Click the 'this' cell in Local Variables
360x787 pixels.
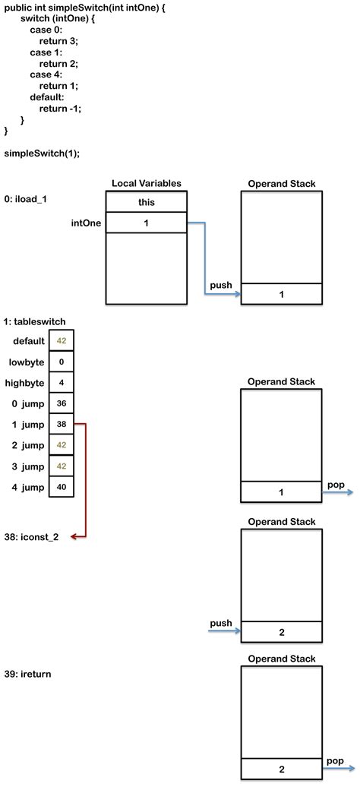(146, 202)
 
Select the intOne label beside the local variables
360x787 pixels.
(85, 223)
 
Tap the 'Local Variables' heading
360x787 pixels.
(146, 184)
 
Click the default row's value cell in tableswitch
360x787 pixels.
(62, 341)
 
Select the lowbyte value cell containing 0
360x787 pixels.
(62, 362)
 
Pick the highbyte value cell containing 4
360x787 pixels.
(62, 383)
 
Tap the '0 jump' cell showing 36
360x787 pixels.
(62, 403)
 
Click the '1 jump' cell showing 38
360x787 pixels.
(62, 424)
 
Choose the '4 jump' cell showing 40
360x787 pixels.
(62, 486)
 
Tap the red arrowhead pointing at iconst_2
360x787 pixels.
(74, 537)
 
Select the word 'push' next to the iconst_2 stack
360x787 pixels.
(220, 623)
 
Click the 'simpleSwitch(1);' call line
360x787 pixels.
(42, 153)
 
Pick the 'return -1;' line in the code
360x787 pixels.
(60, 109)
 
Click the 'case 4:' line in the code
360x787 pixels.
(46, 74)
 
